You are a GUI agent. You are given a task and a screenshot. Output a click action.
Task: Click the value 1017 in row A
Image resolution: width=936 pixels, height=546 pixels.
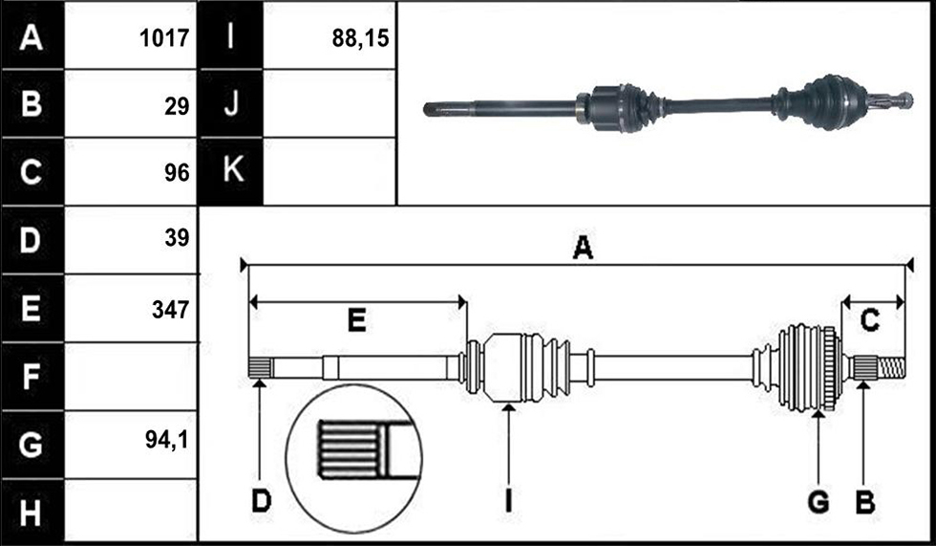(164, 38)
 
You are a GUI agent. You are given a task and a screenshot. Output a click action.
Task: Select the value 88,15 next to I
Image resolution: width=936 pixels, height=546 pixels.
(360, 38)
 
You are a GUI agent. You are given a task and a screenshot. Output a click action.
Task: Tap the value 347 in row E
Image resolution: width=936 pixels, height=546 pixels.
(170, 310)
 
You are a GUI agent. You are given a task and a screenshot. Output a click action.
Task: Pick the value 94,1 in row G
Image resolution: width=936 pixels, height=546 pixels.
(166, 440)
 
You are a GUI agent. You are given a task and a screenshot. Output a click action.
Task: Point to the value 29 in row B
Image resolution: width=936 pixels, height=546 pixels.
(177, 106)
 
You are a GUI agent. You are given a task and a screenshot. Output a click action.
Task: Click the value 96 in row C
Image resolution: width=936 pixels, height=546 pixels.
(177, 173)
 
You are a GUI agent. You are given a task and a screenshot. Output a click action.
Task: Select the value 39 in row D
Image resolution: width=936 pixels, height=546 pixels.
(177, 238)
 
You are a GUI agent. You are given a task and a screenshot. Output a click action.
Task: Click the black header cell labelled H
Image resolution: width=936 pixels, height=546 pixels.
(32, 512)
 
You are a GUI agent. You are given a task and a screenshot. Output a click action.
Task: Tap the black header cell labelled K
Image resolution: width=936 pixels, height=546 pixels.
(230, 171)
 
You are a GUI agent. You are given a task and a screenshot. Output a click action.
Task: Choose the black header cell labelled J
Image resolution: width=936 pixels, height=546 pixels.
(230, 103)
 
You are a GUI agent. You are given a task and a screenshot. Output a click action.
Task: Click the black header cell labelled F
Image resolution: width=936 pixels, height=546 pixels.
(32, 377)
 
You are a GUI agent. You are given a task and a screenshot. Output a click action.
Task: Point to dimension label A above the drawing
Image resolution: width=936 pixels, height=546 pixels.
(583, 248)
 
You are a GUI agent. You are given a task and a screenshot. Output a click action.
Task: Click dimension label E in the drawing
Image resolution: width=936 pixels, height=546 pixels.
(357, 321)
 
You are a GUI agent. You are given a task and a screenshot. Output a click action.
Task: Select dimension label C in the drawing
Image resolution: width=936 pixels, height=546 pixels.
(870, 321)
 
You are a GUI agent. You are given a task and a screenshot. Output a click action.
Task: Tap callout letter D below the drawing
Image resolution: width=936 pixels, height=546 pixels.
(262, 501)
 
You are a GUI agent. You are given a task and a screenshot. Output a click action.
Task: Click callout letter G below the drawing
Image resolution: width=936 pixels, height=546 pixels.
(819, 502)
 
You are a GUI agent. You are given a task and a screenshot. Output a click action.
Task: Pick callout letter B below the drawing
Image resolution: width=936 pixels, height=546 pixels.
(865, 502)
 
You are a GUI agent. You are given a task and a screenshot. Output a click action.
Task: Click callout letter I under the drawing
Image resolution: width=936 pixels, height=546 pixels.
(508, 501)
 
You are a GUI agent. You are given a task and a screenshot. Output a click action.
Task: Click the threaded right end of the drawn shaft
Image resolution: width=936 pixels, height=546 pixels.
(892, 367)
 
